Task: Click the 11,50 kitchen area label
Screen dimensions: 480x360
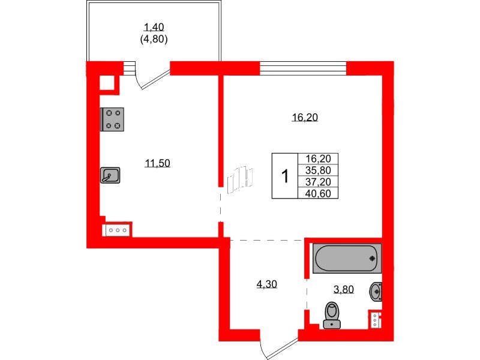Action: [x=157, y=163]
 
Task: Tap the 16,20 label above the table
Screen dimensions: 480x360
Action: [x=305, y=117]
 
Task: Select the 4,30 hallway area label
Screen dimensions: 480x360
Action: [x=266, y=284]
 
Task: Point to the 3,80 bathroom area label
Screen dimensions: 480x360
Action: [x=343, y=289]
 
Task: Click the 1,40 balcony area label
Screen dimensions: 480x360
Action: [x=154, y=27]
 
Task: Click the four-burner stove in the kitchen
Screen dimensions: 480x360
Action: [x=112, y=119]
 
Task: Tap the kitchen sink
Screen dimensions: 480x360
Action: [x=110, y=175]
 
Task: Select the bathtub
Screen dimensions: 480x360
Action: [x=347, y=258]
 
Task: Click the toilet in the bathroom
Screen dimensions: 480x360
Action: [x=332, y=316]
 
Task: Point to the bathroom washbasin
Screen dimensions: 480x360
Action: [x=376, y=291]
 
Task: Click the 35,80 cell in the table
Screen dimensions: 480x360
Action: [x=318, y=170]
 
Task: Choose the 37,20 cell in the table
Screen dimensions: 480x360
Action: [x=318, y=182]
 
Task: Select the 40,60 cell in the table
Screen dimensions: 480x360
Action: [x=318, y=193]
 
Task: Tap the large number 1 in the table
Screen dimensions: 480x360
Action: [x=285, y=176]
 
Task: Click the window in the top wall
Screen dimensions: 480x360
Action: [x=303, y=68]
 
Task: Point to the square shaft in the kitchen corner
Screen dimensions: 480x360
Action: [x=107, y=83]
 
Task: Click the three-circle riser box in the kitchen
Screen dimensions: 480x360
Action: [x=118, y=230]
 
